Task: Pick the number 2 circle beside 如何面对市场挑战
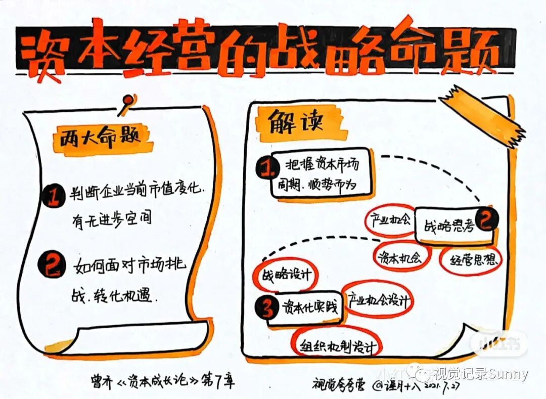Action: pyautogui.click(x=52, y=264)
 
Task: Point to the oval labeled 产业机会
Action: pyautogui.click(x=389, y=220)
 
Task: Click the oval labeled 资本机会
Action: pyautogui.click(x=400, y=257)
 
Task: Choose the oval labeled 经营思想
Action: pyautogui.click(x=470, y=260)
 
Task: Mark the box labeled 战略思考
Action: pyautogui.click(x=447, y=227)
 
